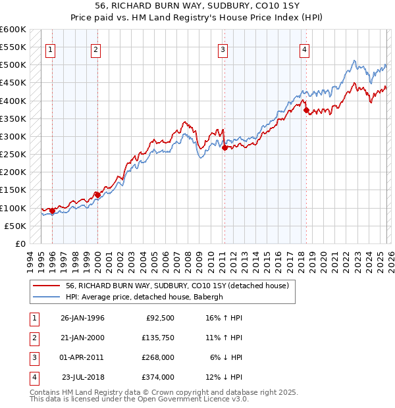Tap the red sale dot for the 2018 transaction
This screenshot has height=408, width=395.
(306, 111)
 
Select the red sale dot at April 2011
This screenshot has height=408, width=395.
(224, 148)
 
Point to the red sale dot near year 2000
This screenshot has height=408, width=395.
(97, 195)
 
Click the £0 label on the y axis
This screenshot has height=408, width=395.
(20, 243)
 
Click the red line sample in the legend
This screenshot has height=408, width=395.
(46, 286)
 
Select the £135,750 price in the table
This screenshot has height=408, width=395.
(157, 338)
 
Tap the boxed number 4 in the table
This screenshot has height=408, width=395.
(33, 377)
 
